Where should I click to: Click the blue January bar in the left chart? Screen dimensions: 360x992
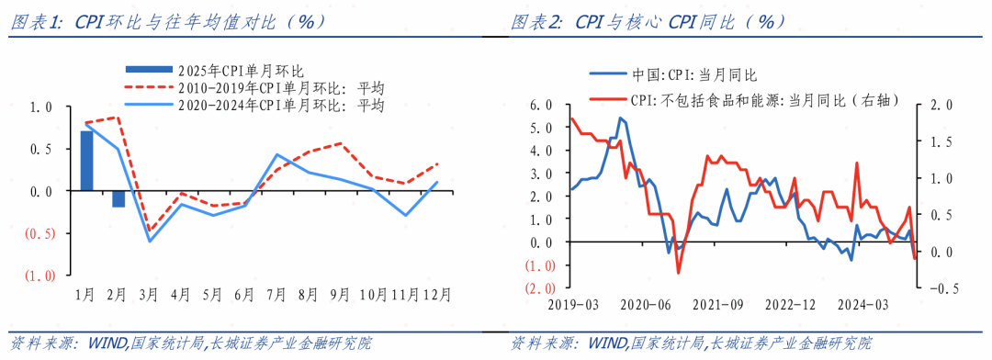coord(86,161)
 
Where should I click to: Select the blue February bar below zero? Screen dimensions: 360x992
coord(118,198)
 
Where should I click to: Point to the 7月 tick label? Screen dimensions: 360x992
coord(276,295)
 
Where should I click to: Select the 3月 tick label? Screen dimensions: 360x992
coord(149,295)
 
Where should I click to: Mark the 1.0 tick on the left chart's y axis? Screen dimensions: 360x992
coord(44,107)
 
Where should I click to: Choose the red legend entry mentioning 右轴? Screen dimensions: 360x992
coord(762,100)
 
